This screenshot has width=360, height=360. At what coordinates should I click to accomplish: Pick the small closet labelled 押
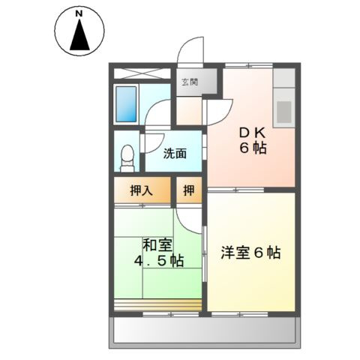[188, 190]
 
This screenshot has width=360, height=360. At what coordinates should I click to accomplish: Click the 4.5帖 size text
[157, 261]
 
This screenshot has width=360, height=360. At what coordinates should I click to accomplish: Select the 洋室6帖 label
[251, 253]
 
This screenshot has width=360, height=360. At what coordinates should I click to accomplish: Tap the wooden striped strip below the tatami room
[157, 304]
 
